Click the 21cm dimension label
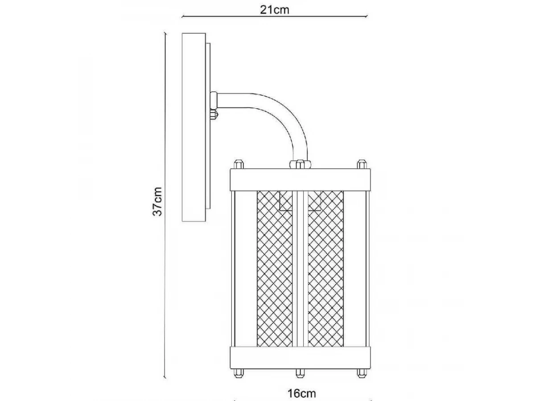pyautogui.click(x=275, y=10)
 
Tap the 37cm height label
pyautogui.click(x=157, y=201)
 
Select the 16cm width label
pyautogui.click(x=301, y=393)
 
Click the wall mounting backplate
pyautogui.click(x=194, y=127)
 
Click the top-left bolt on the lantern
pyautogui.click(x=239, y=164)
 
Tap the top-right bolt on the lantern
pyautogui.click(x=362, y=164)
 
